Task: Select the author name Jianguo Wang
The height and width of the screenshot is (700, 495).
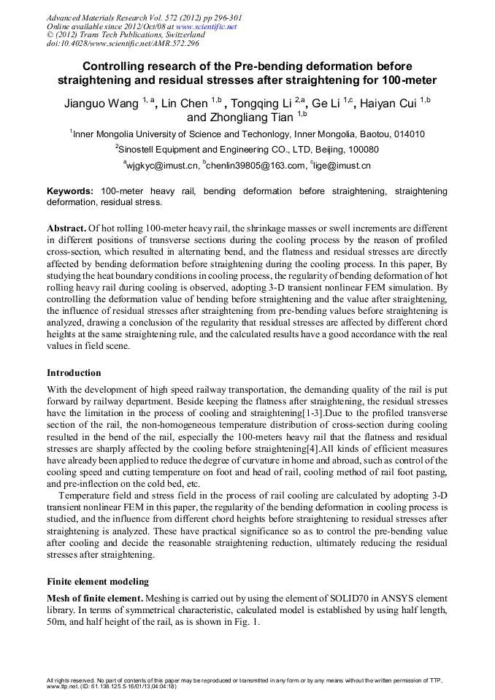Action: click(x=101, y=104)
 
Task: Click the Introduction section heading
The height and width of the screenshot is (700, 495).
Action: click(x=74, y=373)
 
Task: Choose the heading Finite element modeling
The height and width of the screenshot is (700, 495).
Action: click(x=97, y=582)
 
